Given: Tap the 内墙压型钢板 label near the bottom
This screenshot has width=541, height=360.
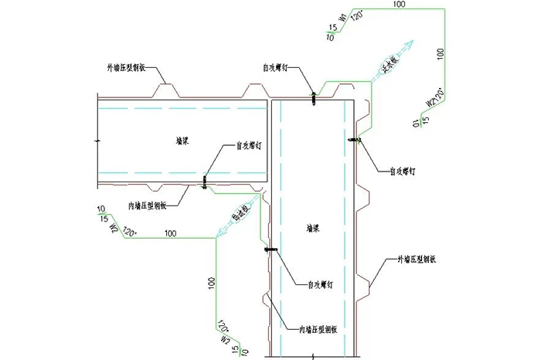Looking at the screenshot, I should coord(322,328).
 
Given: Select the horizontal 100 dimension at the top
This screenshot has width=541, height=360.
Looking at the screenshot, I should coord(399,5).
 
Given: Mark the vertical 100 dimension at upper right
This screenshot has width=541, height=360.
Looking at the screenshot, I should coord(441,56).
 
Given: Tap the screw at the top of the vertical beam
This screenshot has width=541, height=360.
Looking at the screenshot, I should coord(314,98).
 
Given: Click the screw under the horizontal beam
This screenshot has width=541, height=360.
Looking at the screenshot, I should coord(204,182).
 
